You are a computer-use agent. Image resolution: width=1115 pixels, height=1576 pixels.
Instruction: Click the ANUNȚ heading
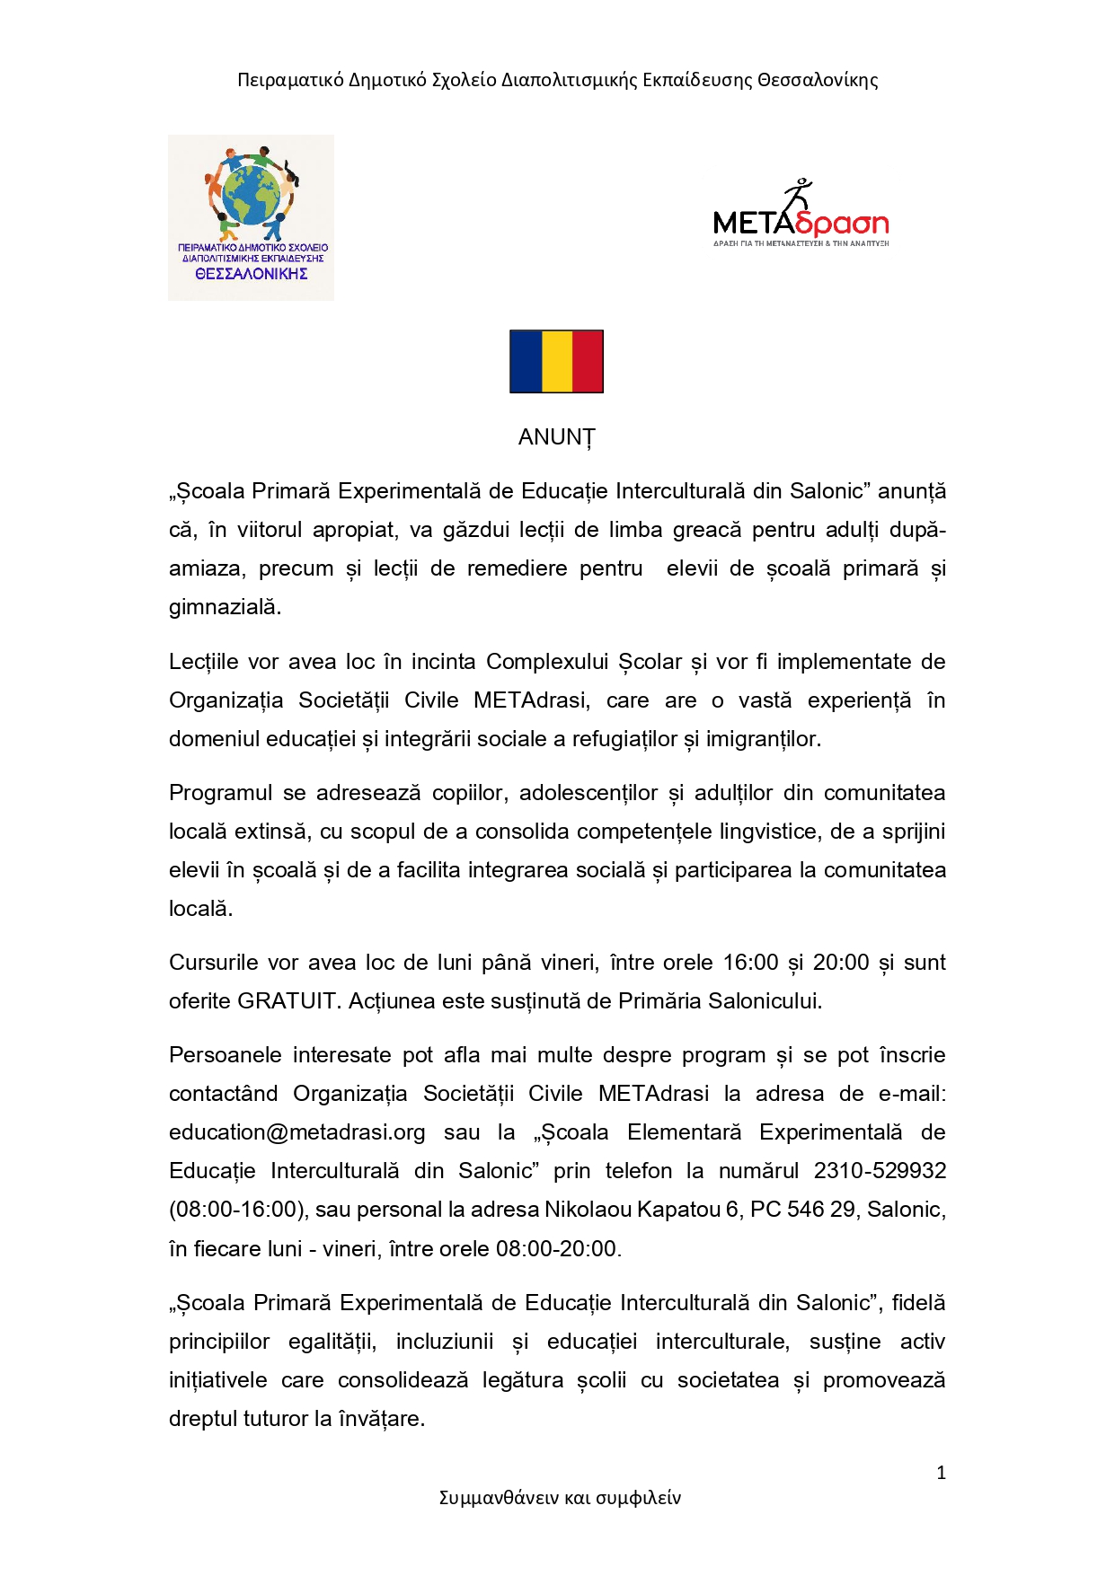tap(556, 437)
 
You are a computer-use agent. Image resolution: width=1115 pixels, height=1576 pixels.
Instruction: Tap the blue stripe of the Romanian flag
tap(526, 361)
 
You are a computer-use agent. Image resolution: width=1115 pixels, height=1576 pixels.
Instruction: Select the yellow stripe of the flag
tap(556, 361)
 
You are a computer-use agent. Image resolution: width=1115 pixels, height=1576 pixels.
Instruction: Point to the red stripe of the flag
tap(588, 361)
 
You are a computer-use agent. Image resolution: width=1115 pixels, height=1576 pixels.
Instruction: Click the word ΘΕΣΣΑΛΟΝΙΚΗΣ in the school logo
tap(252, 275)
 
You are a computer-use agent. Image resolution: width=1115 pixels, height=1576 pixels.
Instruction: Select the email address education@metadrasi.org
tap(296, 1132)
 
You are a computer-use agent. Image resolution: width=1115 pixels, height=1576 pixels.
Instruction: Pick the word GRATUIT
tap(286, 1001)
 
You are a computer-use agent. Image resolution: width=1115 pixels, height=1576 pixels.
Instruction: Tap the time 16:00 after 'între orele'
tap(750, 963)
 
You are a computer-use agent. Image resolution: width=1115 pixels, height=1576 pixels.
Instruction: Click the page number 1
tap(941, 1473)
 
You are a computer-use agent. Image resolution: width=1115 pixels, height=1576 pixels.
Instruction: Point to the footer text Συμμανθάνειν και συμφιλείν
tap(559, 1498)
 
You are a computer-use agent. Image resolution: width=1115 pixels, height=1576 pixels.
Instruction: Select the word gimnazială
tap(225, 607)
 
